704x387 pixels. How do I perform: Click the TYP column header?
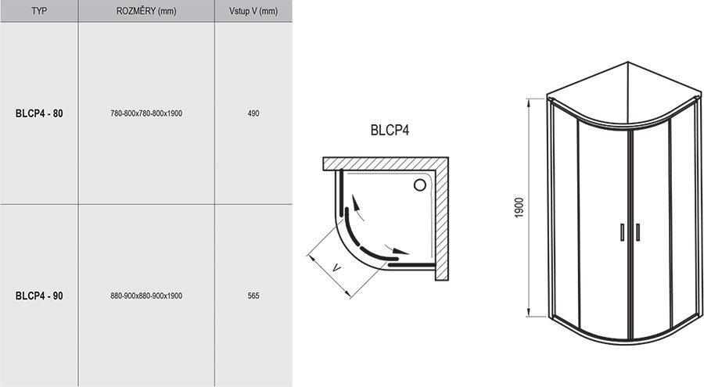[39, 11]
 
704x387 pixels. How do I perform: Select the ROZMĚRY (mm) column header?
[146, 11]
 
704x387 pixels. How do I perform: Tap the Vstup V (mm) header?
[253, 11]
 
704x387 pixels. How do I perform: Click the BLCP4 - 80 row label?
[39, 113]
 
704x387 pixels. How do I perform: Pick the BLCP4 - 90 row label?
[39, 296]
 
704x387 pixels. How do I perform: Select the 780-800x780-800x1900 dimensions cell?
[146, 113]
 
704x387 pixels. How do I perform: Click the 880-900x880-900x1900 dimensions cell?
[146, 296]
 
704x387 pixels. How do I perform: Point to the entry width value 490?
[253, 113]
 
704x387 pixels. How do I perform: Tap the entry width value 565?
[253, 296]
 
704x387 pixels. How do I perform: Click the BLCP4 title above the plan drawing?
[390, 131]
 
